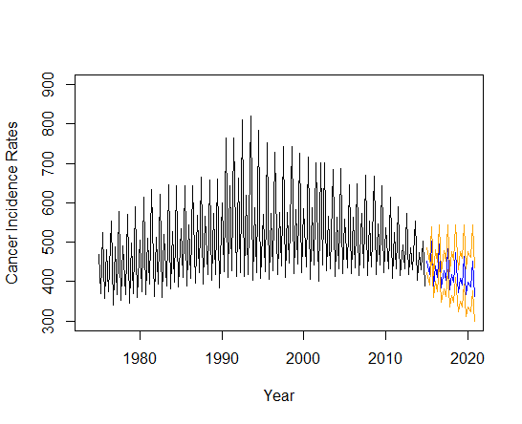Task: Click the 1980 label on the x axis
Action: pyautogui.click(x=140, y=359)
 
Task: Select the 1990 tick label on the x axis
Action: pyautogui.click(x=222, y=359)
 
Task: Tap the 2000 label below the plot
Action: pyautogui.click(x=303, y=359)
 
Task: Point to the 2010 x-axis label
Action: pyautogui.click(x=385, y=359)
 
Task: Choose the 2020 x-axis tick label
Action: pyautogui.click(x=468, y=359)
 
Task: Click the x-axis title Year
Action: pyautogui.click(x=279, y=395)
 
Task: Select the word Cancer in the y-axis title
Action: pyautogui.click(x=11, y=265)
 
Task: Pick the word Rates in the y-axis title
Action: pyautogui.click(x=11, y=138)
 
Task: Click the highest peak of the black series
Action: pyautogui.click(x=250, y=117)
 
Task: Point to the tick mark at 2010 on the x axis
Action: pyautogui.click(x=385, y=335)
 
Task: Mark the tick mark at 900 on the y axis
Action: pyautogui.click(x=71, y=84)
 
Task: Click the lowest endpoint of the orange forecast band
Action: pyautogui.click(x=474, y=321)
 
